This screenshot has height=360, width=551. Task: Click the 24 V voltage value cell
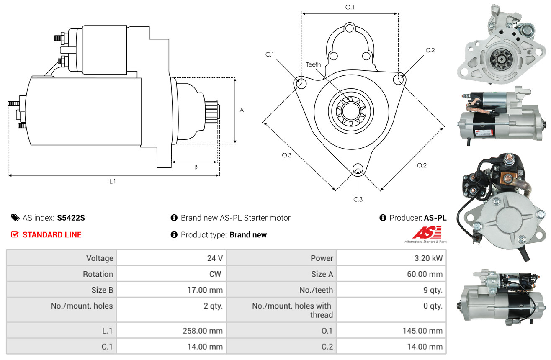[215, 258]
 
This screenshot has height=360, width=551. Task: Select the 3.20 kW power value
[428, 258]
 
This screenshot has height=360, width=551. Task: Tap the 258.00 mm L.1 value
[203, 331]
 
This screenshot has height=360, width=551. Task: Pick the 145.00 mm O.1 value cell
[422, 331]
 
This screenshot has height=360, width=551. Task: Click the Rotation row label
[98, 274]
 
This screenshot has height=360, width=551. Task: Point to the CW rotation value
[215, 274]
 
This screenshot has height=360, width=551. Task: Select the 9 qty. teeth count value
[433, 290]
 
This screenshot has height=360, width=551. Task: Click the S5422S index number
[71, 218]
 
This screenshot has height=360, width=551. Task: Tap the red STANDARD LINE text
[52, 234]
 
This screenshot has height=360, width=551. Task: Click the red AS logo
[427, 233]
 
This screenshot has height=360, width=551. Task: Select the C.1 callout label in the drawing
[270, 54]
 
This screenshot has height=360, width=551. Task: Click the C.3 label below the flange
[358, 199]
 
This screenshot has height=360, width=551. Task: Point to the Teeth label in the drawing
[313, 64]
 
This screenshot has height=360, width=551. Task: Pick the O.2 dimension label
[422, 165]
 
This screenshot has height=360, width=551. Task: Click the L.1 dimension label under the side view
[112, 182]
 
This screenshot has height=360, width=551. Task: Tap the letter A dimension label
[242, 110]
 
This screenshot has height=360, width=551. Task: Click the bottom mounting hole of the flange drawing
[358, 169]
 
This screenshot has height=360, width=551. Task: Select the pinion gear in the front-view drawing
[351, 111]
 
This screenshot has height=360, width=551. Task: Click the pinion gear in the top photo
[501, 59]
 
